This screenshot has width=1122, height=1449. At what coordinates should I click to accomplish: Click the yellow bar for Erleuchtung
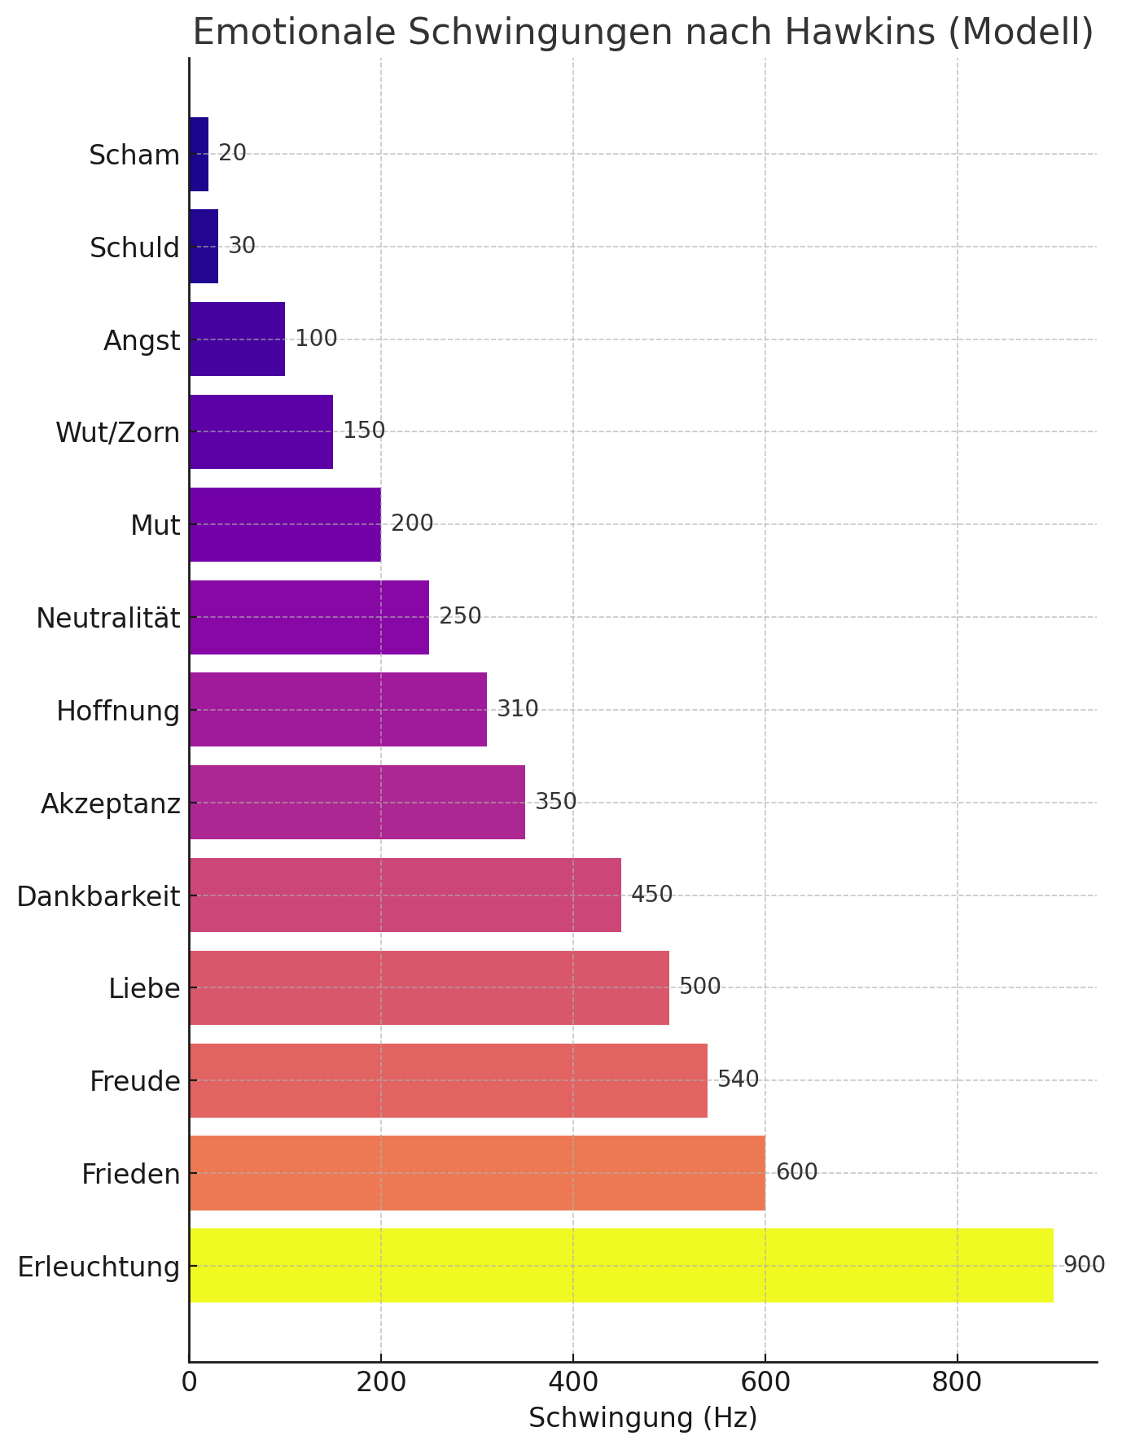point(620,1265)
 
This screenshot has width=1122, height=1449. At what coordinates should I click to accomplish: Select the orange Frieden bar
point(477,1172)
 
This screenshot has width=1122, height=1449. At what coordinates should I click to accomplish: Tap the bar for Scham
point(199,154)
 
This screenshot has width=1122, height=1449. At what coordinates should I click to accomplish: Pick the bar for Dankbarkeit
point(405,895)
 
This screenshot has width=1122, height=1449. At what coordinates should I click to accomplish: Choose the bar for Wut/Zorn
point(261,431)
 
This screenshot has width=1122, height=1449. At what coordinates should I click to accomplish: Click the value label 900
point(1084,1265)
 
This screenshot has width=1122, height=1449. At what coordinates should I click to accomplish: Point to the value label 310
point(518,709)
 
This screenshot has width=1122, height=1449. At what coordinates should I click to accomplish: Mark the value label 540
point(738,1079)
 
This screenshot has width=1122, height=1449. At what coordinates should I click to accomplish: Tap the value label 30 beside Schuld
point(242,246)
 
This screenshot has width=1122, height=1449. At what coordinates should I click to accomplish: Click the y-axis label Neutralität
point(107,619)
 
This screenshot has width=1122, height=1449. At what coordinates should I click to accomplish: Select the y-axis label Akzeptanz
point(110,804)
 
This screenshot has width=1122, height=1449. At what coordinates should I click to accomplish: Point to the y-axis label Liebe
point(144,989)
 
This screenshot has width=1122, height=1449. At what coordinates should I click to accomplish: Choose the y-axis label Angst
point(142,341)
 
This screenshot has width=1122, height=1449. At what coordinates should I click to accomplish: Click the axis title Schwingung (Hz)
point(642,1418)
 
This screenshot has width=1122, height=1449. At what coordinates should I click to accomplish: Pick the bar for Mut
point(284,524)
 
